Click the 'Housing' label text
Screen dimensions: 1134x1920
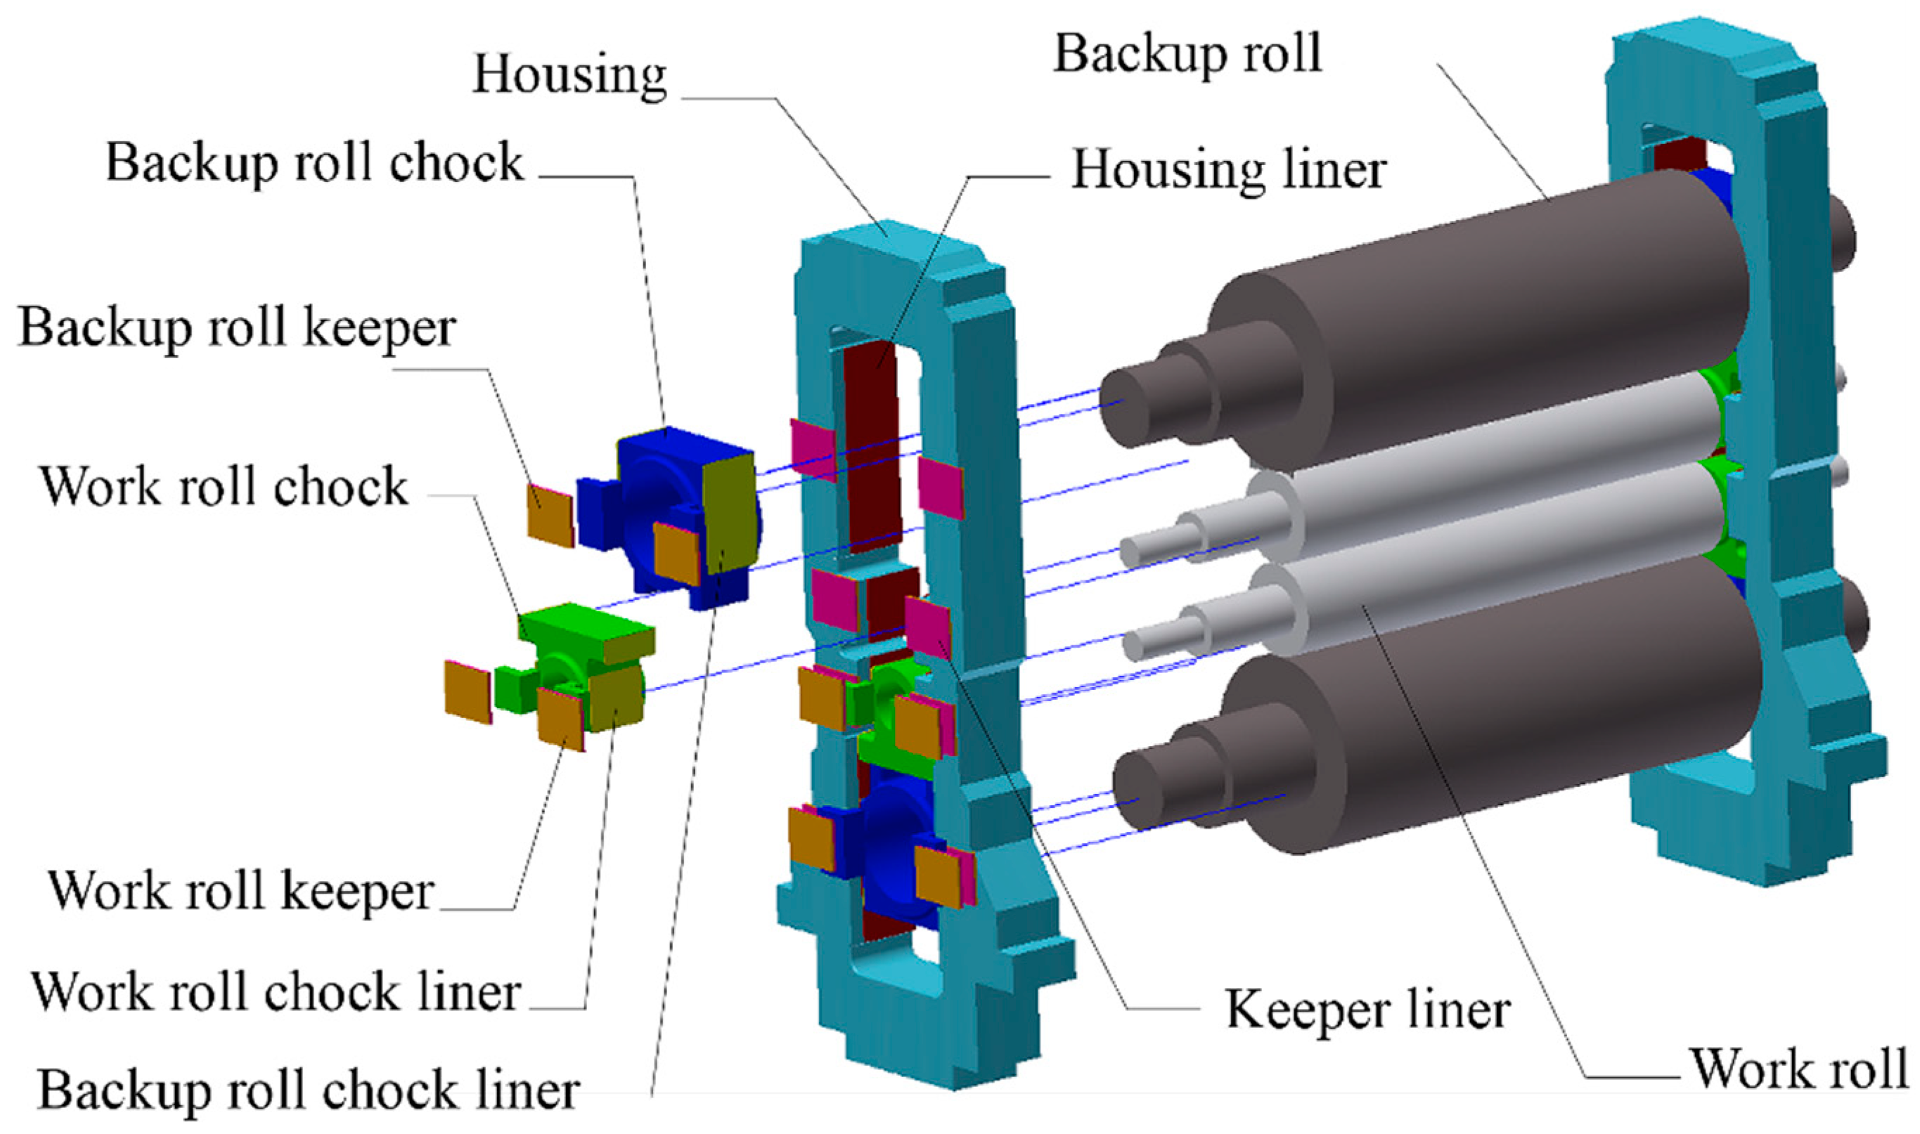(569, 75)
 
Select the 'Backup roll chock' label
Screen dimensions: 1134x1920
(314, 163)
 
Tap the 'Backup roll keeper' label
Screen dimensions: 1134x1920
(237, 327)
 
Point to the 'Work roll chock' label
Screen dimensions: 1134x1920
(224, 486)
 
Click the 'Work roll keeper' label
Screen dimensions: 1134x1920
(242, 890)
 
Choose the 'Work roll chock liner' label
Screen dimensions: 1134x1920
(276, 992)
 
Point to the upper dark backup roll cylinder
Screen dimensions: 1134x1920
(1491, 306)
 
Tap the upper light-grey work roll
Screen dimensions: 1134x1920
(1491, 459)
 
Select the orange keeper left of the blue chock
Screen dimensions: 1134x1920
(550, 515)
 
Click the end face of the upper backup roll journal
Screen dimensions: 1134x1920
(1123, 405)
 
